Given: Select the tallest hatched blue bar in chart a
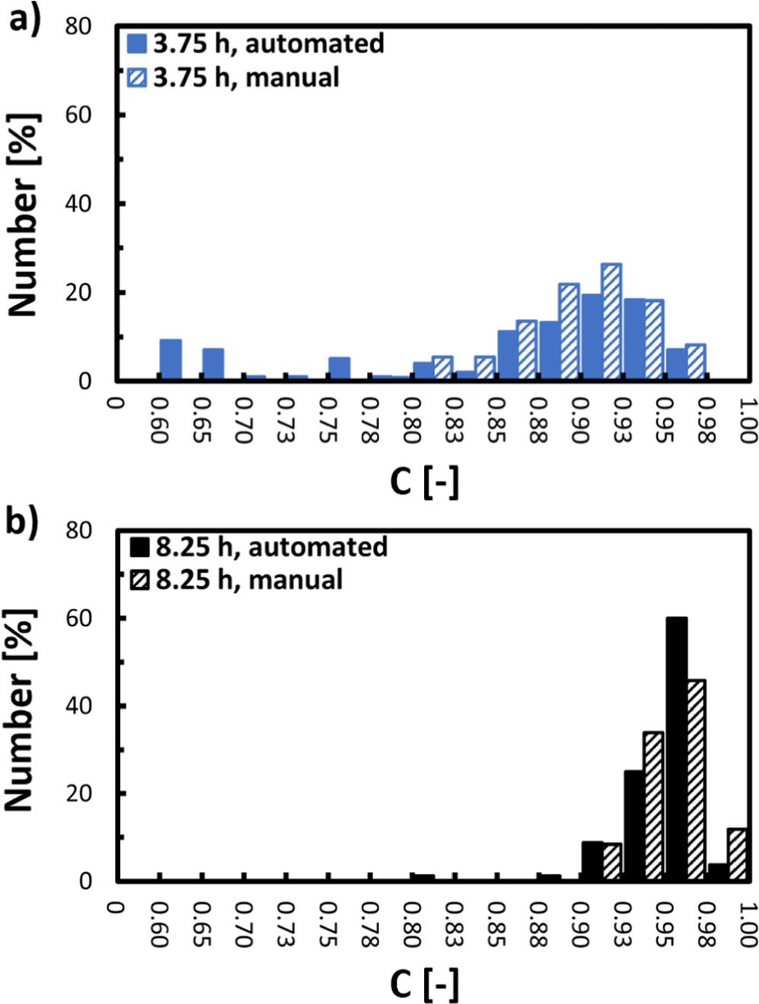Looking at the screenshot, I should tap(611, 321).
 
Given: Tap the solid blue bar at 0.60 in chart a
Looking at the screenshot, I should tap(171, 359).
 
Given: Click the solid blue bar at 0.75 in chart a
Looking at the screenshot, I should tap(340, 368).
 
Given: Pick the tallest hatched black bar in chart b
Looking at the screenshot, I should tap(696, 779).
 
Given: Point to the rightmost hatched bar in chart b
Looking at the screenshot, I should tap(736, 854).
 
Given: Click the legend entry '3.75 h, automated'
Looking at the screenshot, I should tap(256, 43).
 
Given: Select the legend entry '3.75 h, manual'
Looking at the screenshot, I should tap(233, 77).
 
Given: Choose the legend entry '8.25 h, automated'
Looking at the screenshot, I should tap(259, 547).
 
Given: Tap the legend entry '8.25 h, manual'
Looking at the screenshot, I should tap(236, 579).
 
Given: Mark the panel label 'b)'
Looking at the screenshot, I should tap(23, 523).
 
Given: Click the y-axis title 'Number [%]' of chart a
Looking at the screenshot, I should tap(23, 215).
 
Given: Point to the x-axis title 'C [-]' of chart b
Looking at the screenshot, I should tap(424, 983).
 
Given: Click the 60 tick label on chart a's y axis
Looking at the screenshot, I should tap(76, 115).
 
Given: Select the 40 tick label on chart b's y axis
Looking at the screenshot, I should tap(76, 706).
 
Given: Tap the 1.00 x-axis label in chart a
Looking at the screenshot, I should tap(748, 420).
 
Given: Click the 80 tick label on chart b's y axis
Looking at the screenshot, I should tap(76, 530).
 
